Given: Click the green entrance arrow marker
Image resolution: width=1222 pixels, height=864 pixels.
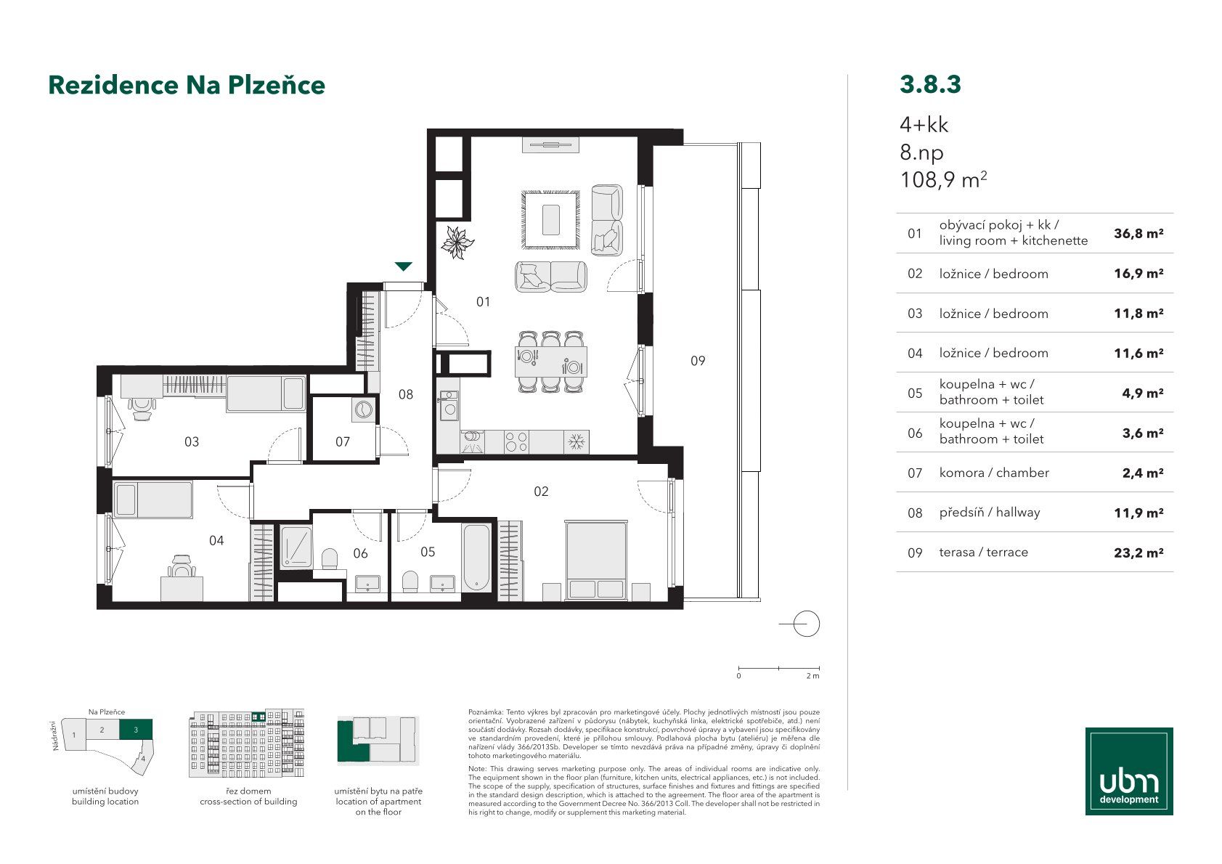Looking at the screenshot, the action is pyautogui.click(x=403, y=266).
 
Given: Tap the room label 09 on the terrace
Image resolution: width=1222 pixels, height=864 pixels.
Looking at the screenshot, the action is pyautogui.click(x=698, y=361).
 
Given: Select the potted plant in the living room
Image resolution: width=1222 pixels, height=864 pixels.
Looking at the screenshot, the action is pyautogui.click(x=457, y=243).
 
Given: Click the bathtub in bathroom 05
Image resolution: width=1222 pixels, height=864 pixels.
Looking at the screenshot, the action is pyautogui.click(x=476, y=558).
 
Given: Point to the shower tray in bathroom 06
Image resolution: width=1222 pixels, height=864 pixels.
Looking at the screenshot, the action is pyautogui.click(x=296, y=547).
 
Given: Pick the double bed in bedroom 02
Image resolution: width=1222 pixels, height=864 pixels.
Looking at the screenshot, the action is pyautogui.click(x=595, y=561).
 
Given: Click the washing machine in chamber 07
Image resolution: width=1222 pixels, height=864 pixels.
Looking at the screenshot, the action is pyautogui.click(x=363, y=409).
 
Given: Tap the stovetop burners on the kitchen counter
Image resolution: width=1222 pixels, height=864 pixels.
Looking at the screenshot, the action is pyautogui.click(x=516, y=442).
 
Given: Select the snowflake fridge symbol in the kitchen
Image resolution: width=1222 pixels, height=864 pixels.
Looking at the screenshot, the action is pyautogui.click(x=576, y=442).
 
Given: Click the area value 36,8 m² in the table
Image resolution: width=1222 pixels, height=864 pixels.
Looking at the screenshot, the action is pyautogui.click(x=1139, y=234).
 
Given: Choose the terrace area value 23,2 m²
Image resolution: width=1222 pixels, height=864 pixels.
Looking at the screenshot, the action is pyautogui.click(x=1139, y=553).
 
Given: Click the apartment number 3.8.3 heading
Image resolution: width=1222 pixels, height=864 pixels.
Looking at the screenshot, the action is pyautogui.click(x=930, y=84).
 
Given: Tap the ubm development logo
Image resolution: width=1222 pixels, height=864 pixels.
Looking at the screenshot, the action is pyautogui.click(x=1129, y=771).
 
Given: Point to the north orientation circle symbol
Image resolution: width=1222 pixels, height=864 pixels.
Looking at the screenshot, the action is pyautogui.click(x=806, y=624).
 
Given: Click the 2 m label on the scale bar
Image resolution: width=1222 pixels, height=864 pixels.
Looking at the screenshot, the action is pyautogui.click(x=812, y=676).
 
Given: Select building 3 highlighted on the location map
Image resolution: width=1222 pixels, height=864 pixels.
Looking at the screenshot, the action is pyautogui.click(x=136, y=729).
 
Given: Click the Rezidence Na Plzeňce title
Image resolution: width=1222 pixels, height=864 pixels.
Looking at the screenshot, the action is pyautogui.click(x=187, y=84).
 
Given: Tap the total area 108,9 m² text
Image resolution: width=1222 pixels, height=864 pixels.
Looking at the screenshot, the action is pyautogui.click(x=943, y=179).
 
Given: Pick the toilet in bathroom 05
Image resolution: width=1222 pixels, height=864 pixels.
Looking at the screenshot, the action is pyautogui.click(x=410, y=582).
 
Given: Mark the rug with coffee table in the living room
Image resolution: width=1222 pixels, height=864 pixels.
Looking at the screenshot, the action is pyautogui.click(x=550, y=220).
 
